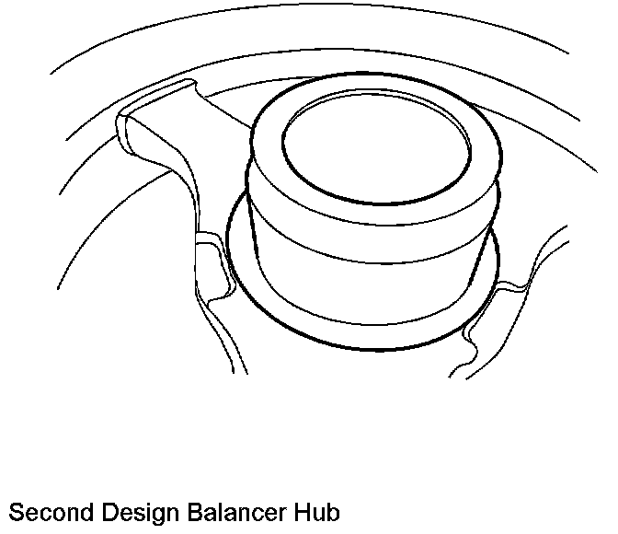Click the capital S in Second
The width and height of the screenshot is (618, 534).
(14, 513)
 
